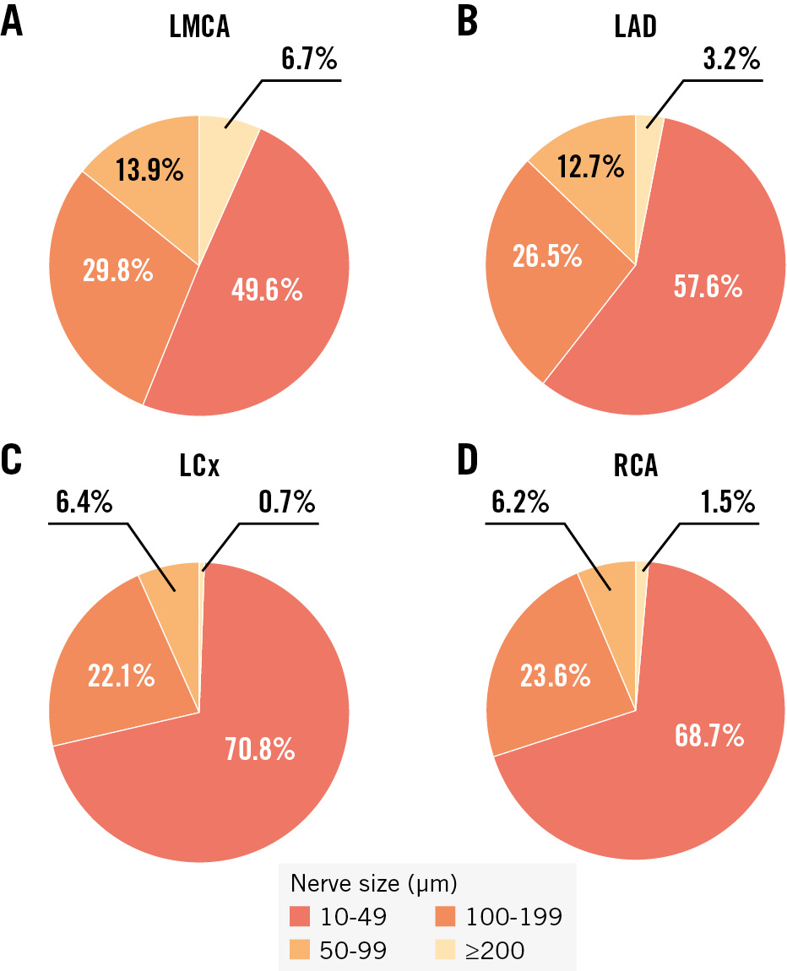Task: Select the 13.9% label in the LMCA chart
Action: (149, 171)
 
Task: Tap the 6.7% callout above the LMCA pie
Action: (310, 61)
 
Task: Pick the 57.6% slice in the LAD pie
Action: (708, 287)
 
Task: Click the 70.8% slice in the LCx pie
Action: (259, 747)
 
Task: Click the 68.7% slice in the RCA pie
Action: (709, 735)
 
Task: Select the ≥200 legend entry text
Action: (494, 950)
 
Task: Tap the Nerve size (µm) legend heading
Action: (374, 884)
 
